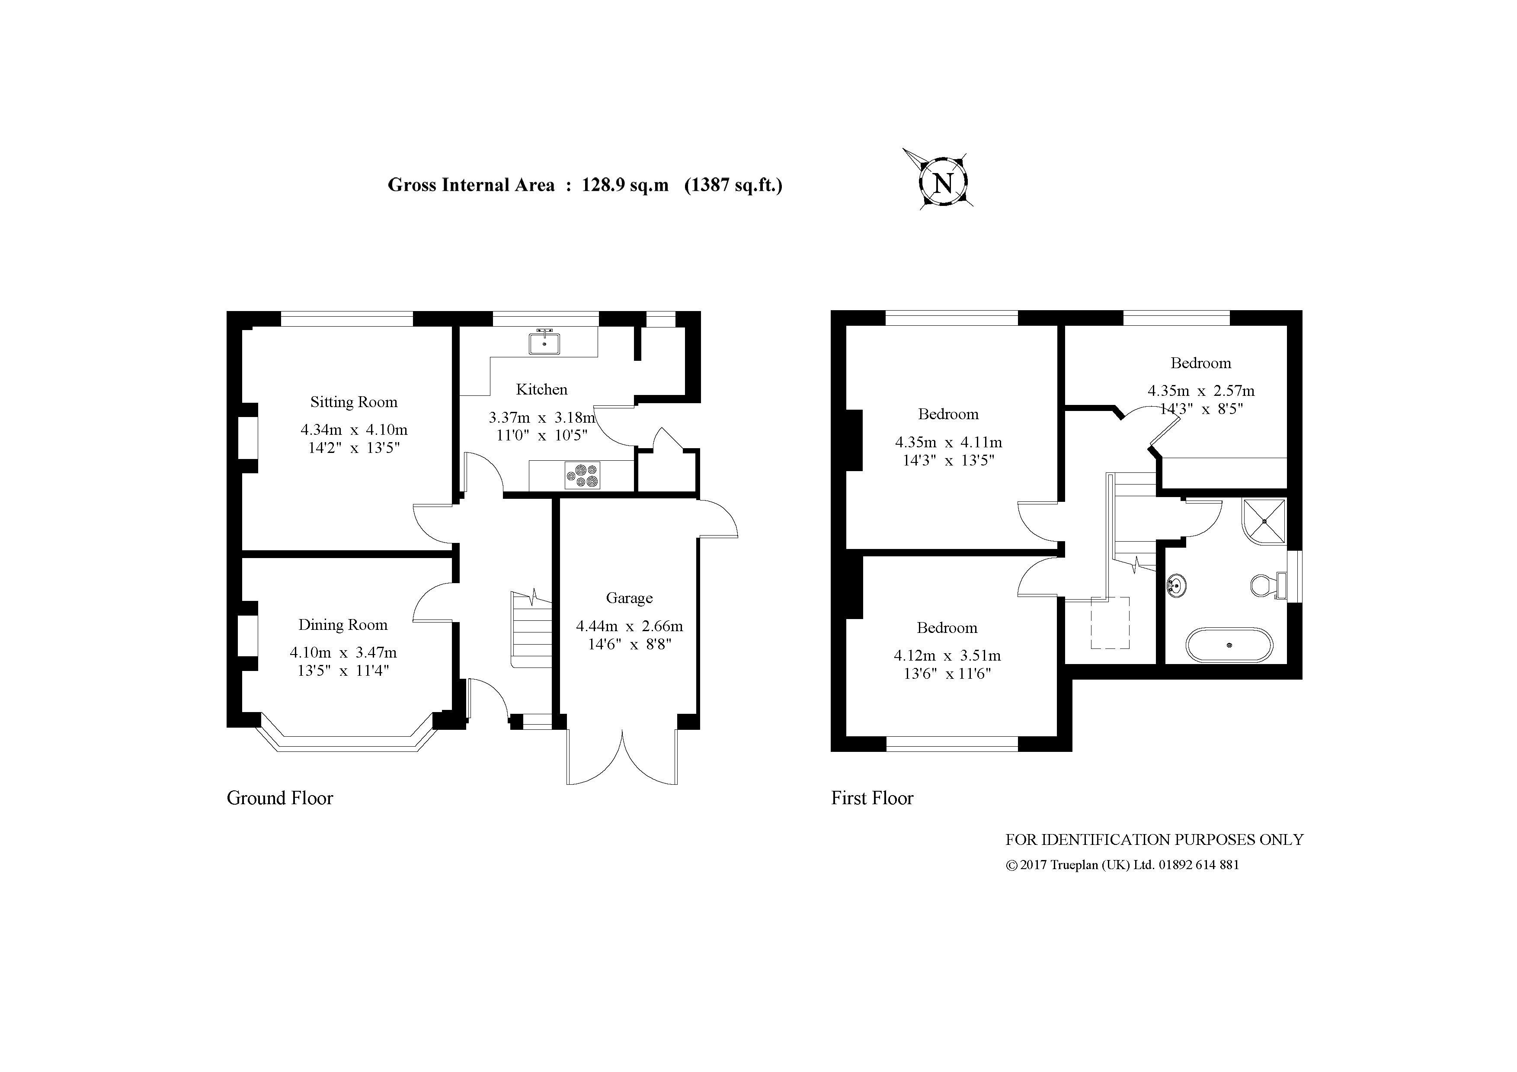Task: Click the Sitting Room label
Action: pyautogui.click(x=354, y=402)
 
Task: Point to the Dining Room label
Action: pyautogui.click(x=343, y=625)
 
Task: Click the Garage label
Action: pyautogui.click(x=629, y=598)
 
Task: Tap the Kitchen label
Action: pyautogui.click(x=542, y=389)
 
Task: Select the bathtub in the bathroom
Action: pyautogui.click(x=1229, y=645)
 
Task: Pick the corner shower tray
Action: pyautogui.click(x=1264, y=521)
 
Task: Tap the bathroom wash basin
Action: pyautogui.click(x=1176, y=586)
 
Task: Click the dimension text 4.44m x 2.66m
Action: pyautogui.click(x=630, y=626)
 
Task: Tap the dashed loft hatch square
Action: pyautogui.click(x=1110, y=623)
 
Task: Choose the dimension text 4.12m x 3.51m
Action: pyautogui.click(x=947, y=656)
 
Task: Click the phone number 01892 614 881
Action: pyautogui.click(x=1199, y=864)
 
